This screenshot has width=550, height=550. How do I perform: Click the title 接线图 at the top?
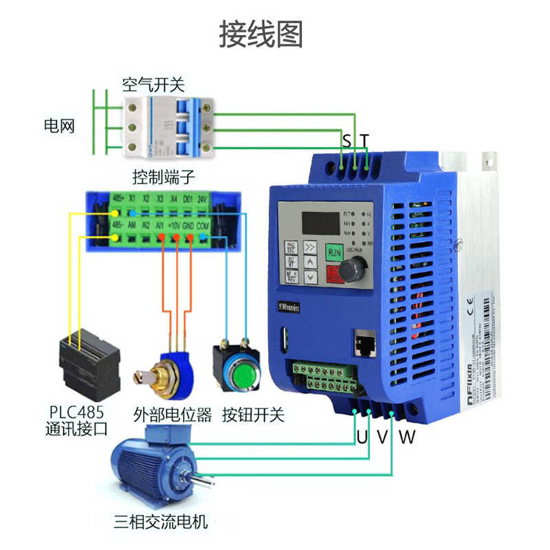(x=261, y=34)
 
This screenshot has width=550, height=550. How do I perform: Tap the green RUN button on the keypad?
(x=335, y=252)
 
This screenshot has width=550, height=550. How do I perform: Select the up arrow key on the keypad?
(x=311, y=263)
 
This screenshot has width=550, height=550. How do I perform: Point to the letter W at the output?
(x=408, y=436)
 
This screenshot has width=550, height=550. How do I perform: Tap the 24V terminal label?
(x=202, y=199)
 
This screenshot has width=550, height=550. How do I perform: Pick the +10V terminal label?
(x=174, y=225)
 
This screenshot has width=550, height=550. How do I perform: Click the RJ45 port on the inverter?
(x=363, y=342)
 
